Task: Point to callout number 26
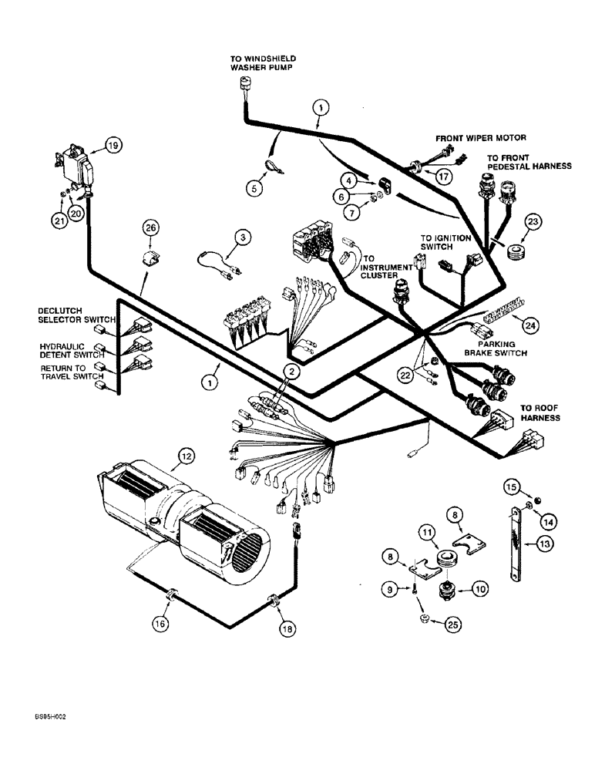tap(151, 227)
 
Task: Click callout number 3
tap(243, 238)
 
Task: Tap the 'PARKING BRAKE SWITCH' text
tap(495, 348)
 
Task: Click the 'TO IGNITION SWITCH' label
tap(445, 244)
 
